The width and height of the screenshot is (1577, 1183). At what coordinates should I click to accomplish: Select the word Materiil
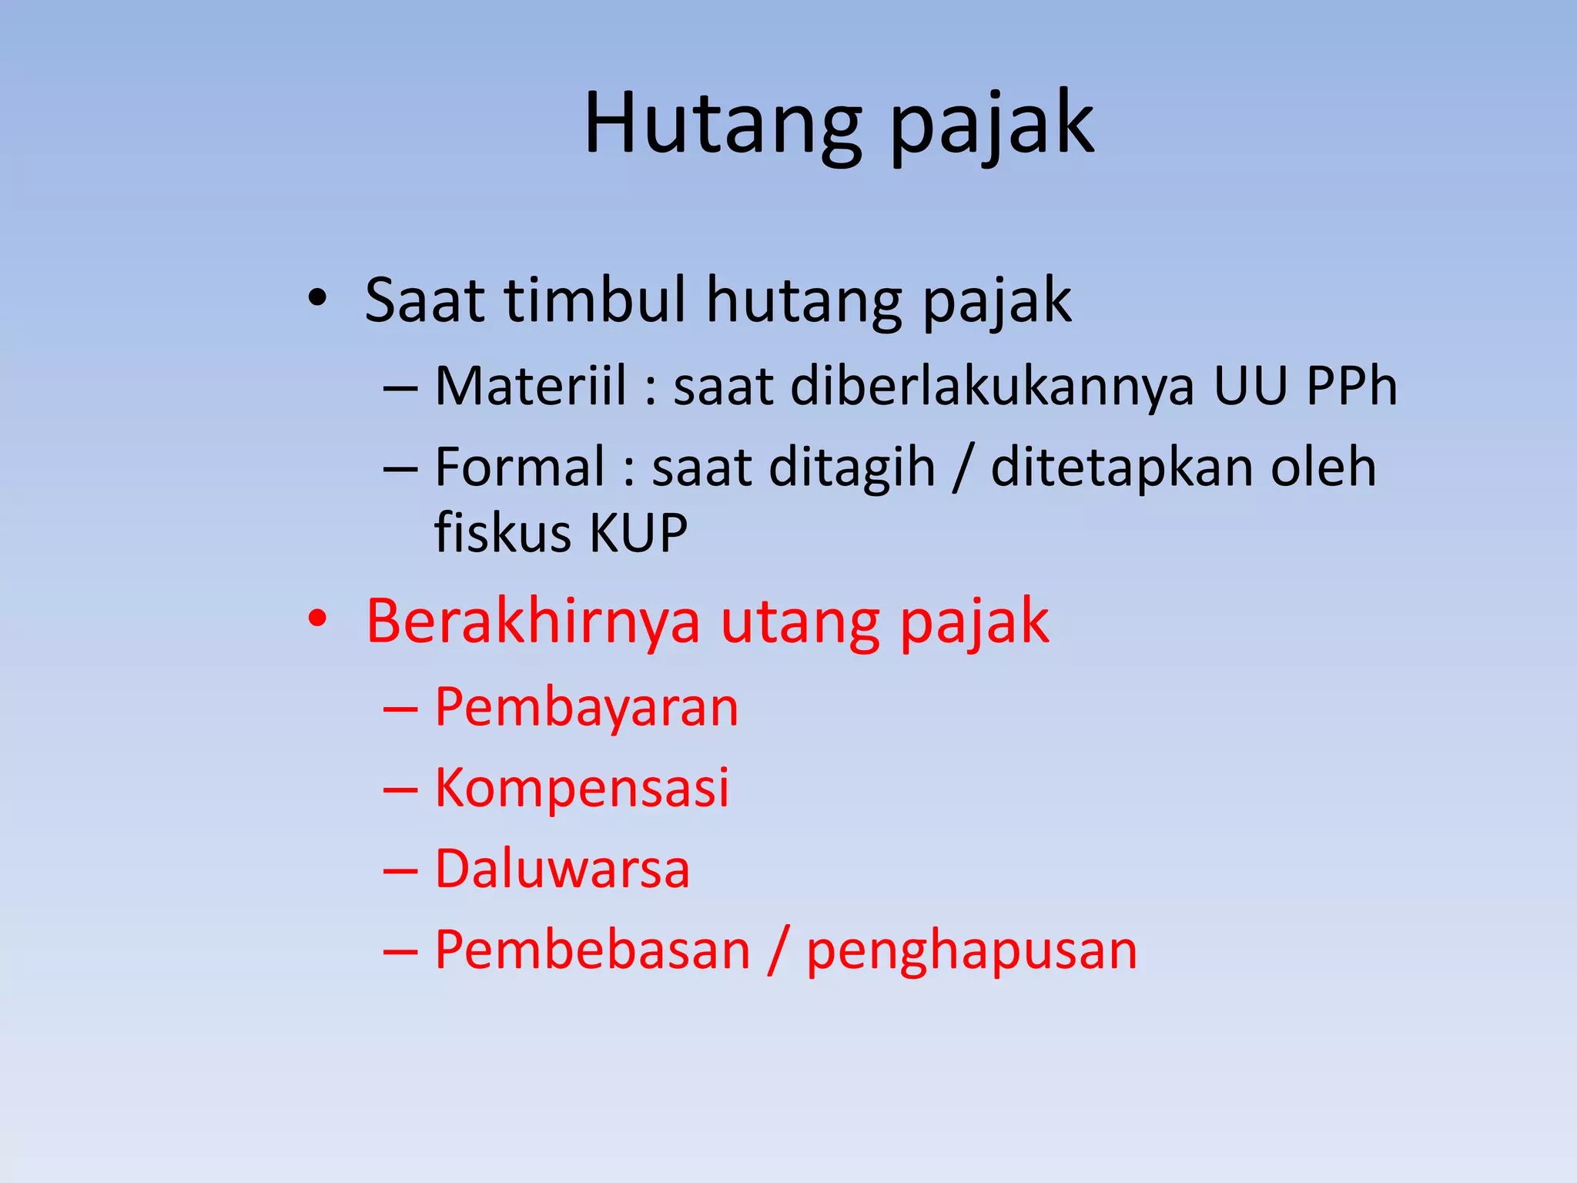[x=531, y=385]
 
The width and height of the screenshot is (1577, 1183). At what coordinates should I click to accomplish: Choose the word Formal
[x=520, y=467]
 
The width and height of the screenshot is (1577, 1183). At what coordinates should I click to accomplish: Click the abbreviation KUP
[x=638, y=532]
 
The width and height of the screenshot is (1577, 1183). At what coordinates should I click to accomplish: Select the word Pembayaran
[x=587, y=707]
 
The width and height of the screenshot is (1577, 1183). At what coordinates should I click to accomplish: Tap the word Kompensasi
[x=582, y=787]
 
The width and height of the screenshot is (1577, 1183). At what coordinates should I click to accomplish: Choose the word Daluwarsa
[x=562, y=869]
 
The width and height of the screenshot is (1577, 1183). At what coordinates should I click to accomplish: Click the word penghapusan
[x=972, y=951]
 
